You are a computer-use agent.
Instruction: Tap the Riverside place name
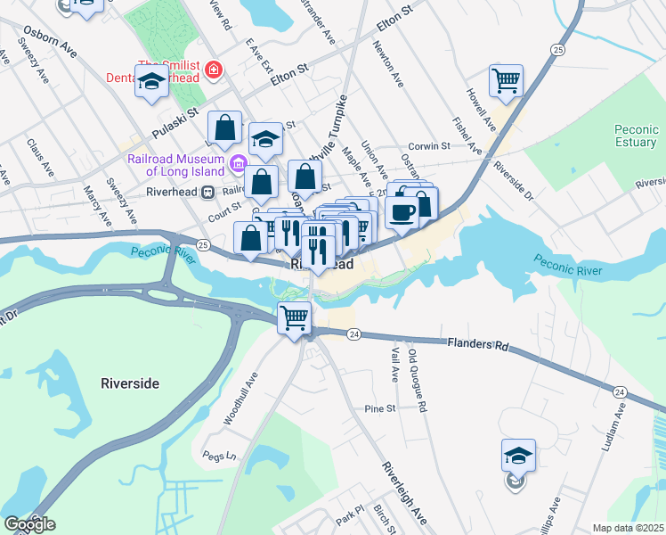(124, 383)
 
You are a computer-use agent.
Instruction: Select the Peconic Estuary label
(636, 136)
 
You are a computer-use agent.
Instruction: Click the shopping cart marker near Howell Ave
(506, 81)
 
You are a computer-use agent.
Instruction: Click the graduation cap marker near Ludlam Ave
(518, 457)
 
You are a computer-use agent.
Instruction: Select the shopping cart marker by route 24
(294, 317)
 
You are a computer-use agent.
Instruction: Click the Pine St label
(379, 408)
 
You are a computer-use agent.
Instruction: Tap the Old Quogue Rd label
(418, 379)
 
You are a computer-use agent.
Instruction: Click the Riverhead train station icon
(207, 191)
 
